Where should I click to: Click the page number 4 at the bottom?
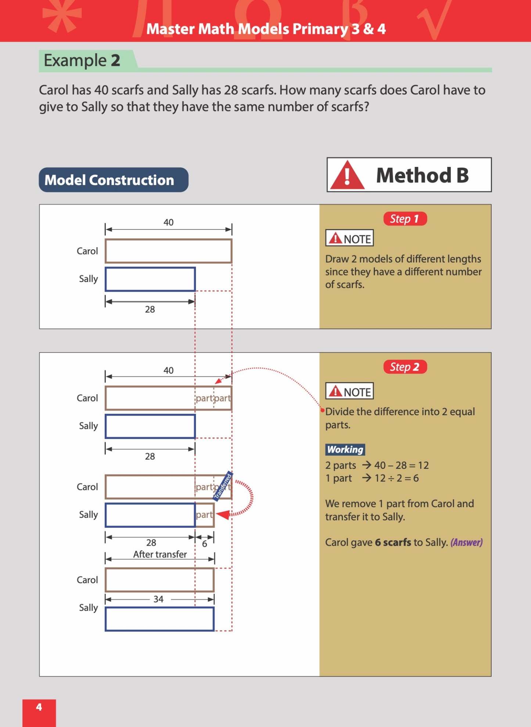(39, 707)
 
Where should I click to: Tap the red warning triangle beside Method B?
(347, 176)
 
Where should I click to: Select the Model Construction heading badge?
(114, 180)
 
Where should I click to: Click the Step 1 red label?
(405, 219)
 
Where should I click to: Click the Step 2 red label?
(405, 367)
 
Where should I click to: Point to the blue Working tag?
(345, 449)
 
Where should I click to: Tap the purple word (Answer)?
(466, 542)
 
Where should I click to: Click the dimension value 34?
(158, 599)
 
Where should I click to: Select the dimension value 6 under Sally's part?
(205, 544)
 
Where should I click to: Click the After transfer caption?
(160, 554)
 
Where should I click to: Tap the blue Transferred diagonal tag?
(223, 487)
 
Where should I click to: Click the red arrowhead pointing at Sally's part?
(223, 514)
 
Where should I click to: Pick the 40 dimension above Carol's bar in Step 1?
(168, 222)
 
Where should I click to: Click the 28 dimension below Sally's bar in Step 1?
(150, 309)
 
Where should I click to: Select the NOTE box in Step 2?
(349, 392)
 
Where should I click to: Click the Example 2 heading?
(82, 61)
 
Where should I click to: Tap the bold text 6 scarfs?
(393, 542)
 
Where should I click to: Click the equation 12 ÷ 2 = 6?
(396, 478)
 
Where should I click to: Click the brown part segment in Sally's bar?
(205, 514)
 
